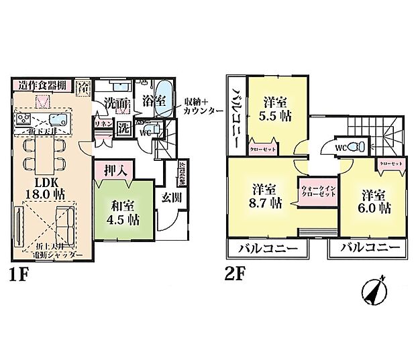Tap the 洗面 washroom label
(x=117, y=105)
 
